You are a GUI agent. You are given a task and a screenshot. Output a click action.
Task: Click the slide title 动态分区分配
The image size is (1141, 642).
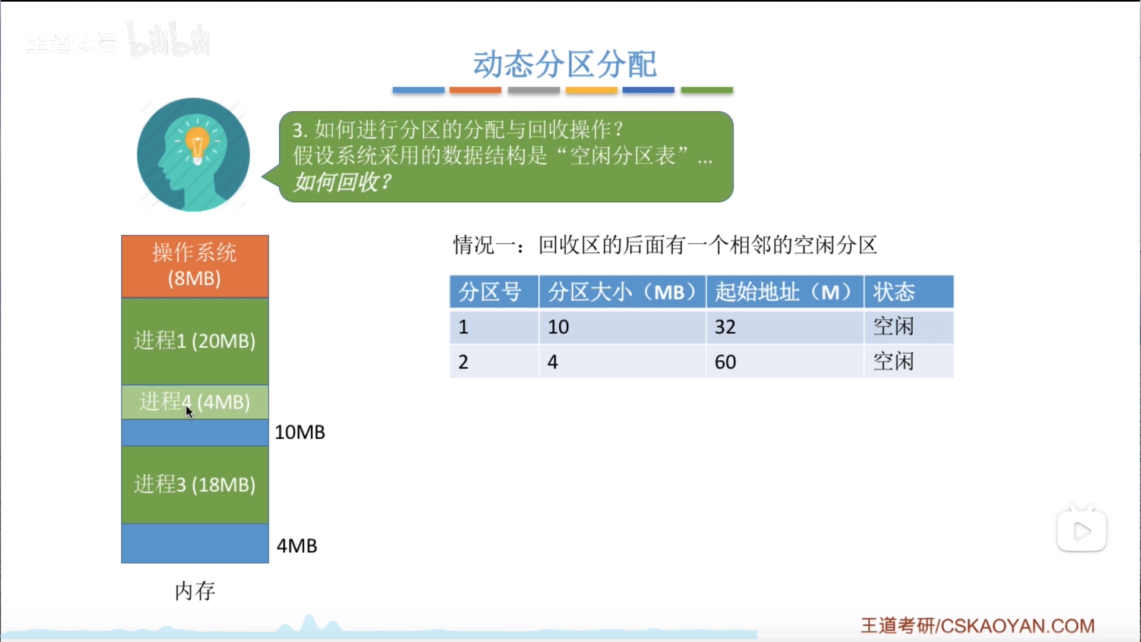pos(565,64)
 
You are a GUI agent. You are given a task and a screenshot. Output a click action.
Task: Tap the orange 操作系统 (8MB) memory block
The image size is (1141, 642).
pos(195,266)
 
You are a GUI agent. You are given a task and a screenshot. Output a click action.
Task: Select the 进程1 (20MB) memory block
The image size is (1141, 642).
pos(195,341)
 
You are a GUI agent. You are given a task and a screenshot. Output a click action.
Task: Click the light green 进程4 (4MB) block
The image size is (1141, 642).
pos(195,402)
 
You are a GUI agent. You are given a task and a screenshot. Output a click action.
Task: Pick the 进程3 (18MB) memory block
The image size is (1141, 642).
pos(195,484)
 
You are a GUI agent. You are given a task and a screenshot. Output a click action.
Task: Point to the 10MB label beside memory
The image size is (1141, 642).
pos(300,432)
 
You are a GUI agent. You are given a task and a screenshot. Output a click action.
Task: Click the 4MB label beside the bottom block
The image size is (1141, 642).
pos(297,546)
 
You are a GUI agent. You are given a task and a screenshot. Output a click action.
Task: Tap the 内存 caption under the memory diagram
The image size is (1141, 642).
pos(195,591)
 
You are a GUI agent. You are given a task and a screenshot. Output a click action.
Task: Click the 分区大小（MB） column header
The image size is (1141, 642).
pos(622,292)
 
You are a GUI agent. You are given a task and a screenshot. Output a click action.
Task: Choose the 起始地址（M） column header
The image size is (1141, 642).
pos(784,292)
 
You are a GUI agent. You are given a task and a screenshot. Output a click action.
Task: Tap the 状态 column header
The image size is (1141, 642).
pos(909,292)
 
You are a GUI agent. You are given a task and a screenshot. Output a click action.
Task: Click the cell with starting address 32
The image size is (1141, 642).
pos(784,326)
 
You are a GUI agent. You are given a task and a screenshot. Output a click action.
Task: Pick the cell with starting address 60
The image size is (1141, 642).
pos(784,361)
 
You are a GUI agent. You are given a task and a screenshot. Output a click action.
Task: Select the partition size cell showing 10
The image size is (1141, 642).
pos(622,326)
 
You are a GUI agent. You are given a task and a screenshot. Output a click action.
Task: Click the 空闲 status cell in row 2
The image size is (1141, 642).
pos(909,361)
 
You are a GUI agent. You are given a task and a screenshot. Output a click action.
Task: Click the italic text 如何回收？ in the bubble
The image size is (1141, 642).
pos(343,182)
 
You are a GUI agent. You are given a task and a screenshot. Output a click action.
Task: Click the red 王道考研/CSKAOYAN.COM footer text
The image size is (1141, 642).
pos(978,625)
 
